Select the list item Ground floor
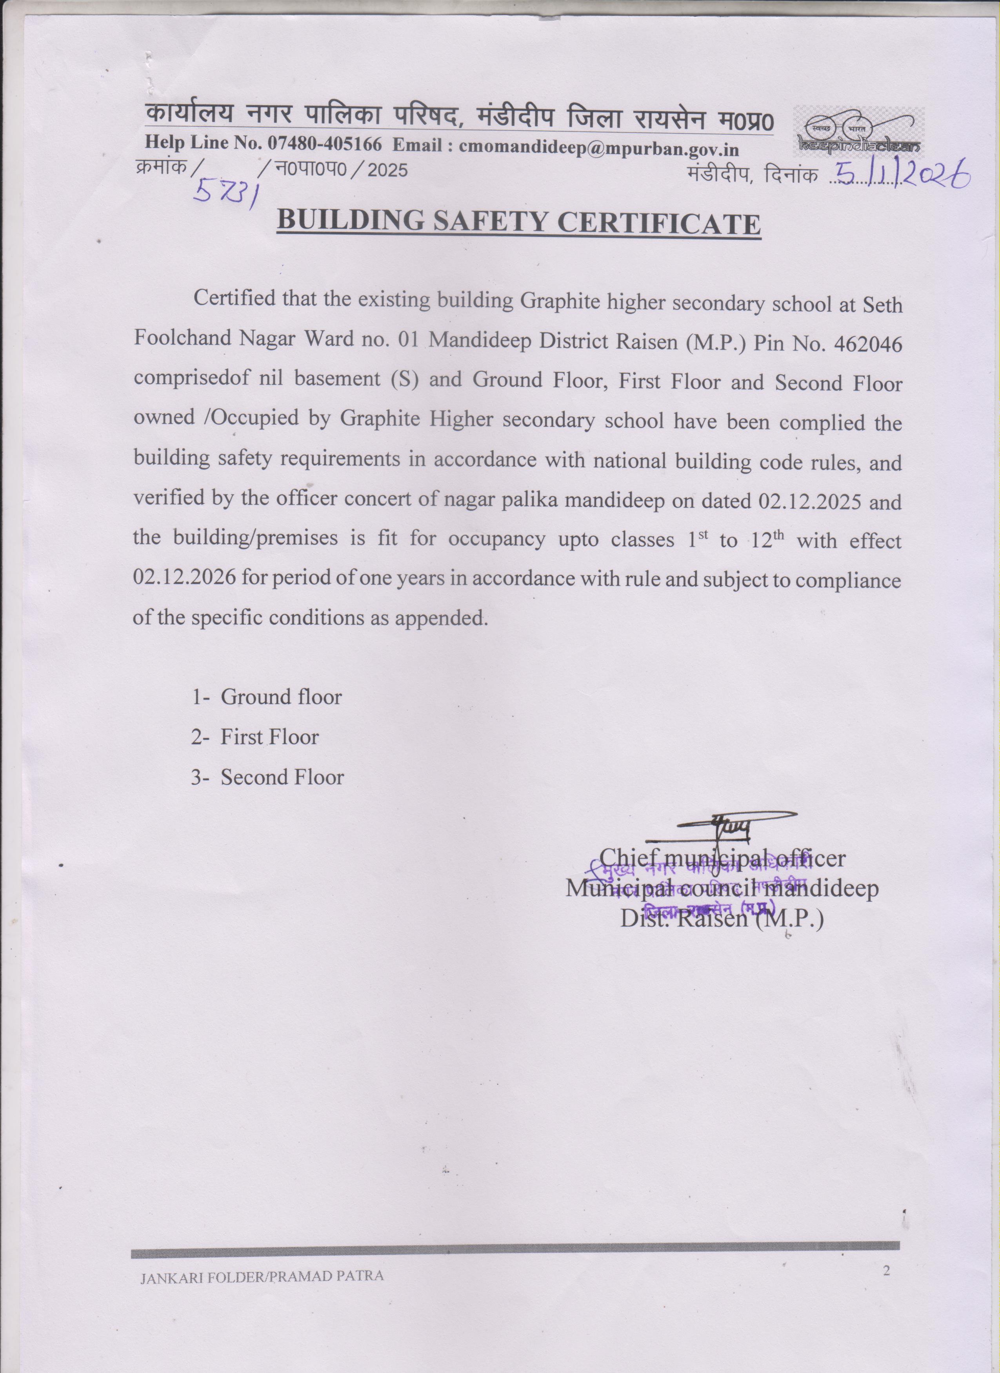point(281,697)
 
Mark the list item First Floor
point(269,737)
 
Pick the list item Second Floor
point(282,777)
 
